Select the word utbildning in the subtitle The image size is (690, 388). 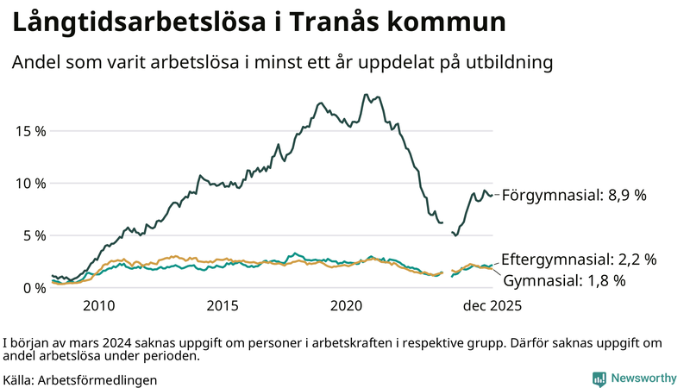(509, 63)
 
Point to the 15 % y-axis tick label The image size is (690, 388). (30, 131)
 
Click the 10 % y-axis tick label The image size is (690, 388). (30, 183)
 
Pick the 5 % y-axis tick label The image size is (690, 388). (34, 235)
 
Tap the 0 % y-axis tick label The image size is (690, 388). (34, 287)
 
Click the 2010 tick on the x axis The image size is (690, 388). (99, 305)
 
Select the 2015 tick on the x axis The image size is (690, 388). (223, 305)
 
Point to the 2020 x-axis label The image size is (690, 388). (347, 305)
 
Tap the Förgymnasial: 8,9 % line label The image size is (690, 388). (574, 196)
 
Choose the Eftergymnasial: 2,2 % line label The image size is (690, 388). (579, 259)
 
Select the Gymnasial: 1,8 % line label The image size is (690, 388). (564, 280)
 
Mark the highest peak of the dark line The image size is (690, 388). (366, 95)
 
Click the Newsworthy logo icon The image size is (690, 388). (599, 379)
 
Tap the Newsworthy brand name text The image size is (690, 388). (643, 379)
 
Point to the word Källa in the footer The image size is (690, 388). (18, 379)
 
